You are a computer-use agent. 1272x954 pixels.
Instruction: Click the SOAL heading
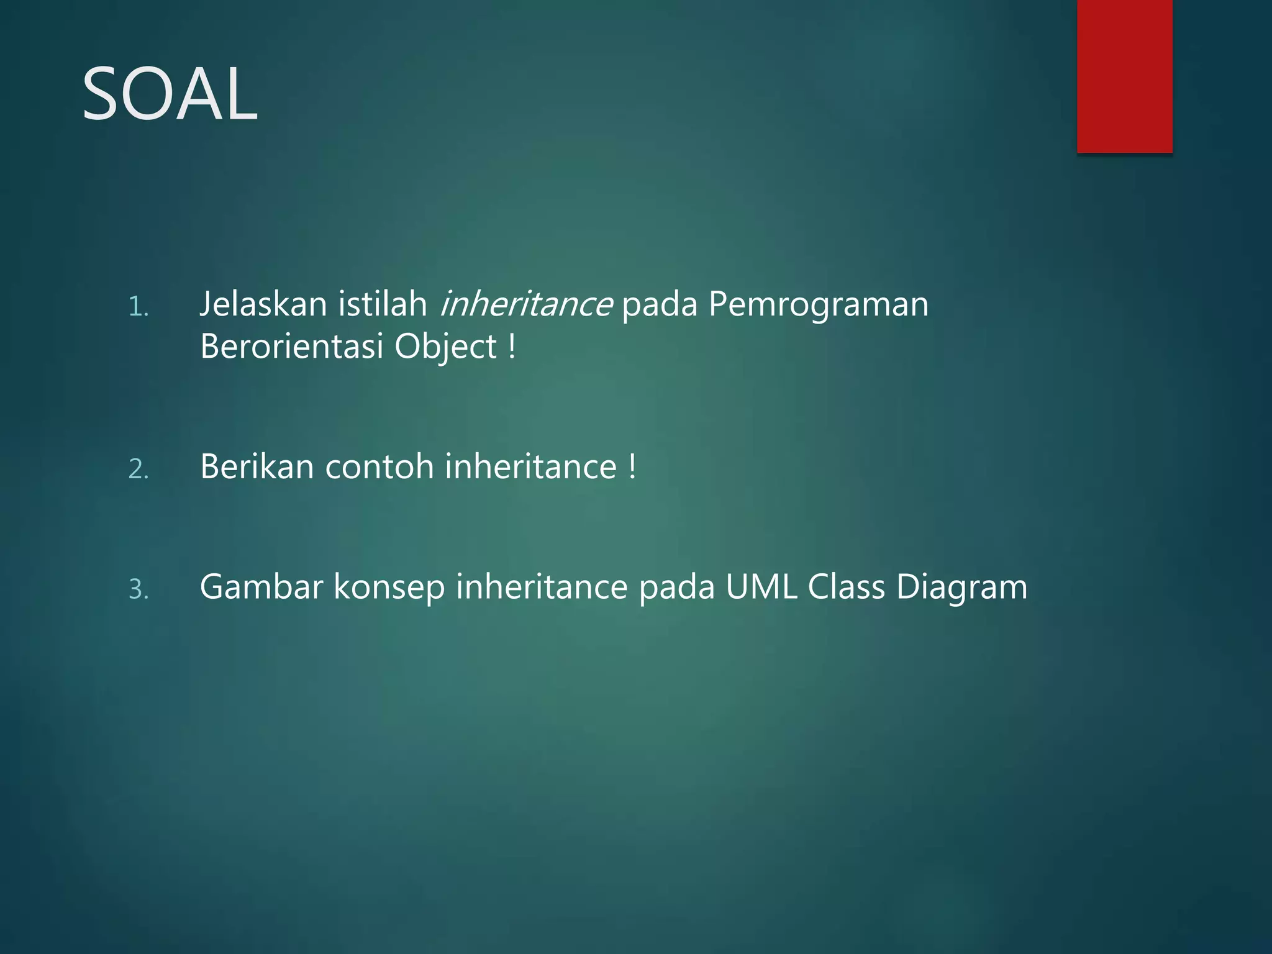(170, 95)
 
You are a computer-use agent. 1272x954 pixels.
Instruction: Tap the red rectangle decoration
(1124, 76)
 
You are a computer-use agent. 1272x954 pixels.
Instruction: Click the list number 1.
(139, 307)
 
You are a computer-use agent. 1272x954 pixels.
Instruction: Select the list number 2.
(139, 469)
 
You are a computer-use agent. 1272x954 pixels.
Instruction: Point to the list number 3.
(139, 589)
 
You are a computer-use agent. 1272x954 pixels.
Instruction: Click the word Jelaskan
(263, 304)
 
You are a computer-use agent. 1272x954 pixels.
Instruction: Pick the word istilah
(383, 304)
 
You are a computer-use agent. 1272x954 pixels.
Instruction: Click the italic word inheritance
(525, 304)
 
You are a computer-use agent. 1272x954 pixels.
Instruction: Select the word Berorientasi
(292, 347)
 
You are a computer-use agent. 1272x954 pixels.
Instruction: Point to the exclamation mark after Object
(512, 347)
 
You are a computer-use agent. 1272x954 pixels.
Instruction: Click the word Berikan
(257, 466)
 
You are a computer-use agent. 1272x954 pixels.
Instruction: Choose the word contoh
(379, 466)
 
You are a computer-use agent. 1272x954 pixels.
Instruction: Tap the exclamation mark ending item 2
(632, 466)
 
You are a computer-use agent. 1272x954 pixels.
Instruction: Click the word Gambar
(261, 587)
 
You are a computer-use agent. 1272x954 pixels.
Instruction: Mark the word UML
(761, 587)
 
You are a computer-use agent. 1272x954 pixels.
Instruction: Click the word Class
(846, 587)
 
